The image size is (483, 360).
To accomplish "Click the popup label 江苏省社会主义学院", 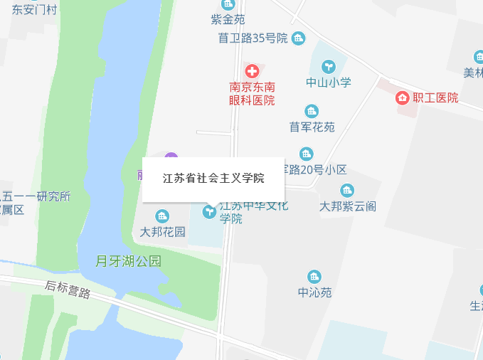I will (213, 179).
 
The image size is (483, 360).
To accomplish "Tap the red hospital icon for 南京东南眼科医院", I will (252, 71).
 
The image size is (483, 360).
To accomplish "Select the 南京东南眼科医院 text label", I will (252, 94).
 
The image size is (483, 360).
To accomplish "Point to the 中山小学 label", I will (329, 83).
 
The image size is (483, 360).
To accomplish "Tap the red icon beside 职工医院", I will (402, 97).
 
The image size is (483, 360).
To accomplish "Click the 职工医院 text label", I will (437, 98).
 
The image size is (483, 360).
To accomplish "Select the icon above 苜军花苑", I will (312, 111).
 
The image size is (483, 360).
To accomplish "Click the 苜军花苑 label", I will (312, 127).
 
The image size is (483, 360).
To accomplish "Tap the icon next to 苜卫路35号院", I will (298, 38).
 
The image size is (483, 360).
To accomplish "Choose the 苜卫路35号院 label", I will (253, 38).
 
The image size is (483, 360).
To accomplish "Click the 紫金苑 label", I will (228, 19).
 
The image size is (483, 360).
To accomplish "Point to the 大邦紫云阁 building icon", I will (347, 190).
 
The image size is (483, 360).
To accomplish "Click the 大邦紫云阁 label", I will (347, 206).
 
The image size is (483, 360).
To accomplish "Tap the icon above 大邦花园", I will (162, 216).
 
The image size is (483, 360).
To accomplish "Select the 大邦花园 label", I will (162, 232).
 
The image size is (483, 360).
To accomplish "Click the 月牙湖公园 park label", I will (129, 261).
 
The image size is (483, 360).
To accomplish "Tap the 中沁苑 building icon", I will (314, 277).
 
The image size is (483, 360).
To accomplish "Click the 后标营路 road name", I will (68, 290).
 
